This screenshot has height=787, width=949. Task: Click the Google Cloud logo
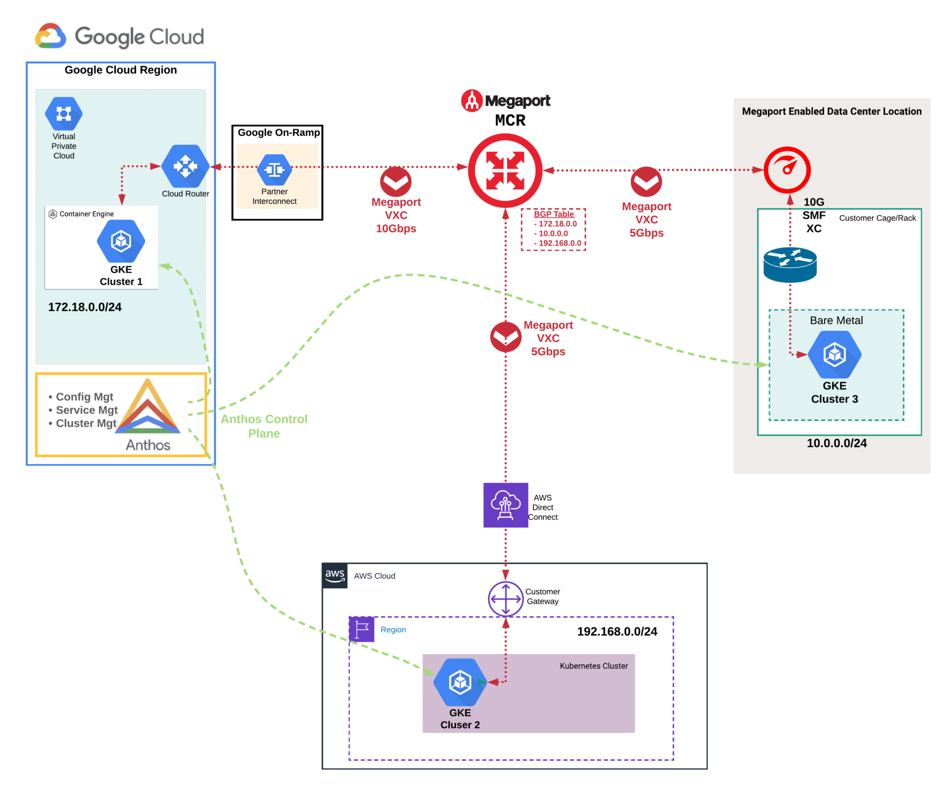click(x=120, y=35)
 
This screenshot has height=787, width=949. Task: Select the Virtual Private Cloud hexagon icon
click(x=63, y=113)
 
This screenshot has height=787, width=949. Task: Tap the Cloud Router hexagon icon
click(x=185, y=166)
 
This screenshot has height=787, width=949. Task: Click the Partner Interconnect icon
click(x=274, y=170)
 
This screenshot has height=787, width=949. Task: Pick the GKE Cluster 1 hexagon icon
click(x=121, y=241)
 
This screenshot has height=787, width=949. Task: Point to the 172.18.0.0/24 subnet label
click(x=85, y=307)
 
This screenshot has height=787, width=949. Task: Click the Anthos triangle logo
click(x=148, y=408)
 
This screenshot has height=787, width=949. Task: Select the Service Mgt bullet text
click(x=86, y=410)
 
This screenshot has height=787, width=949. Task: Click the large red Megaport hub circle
click(x=505, y=170)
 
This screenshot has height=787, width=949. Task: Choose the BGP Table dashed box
click(x=553, y=229)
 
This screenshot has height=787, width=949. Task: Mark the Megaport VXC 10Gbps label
click(x=396, y=215)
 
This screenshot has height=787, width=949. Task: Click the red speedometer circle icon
click(x=787, y=170)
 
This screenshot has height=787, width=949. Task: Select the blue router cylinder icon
click(x=790, y=264)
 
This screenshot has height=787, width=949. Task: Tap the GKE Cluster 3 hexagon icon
click(x=835, y=354)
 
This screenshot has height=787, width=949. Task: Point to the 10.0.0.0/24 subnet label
click(x=836, y=443)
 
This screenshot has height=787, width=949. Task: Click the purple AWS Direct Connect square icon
click(x=506, y=505)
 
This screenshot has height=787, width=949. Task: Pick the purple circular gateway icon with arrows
click(x=506, y=599)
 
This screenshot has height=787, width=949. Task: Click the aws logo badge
click(x=335, y=576)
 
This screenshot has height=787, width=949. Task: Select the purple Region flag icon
click(x=361, y=630)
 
